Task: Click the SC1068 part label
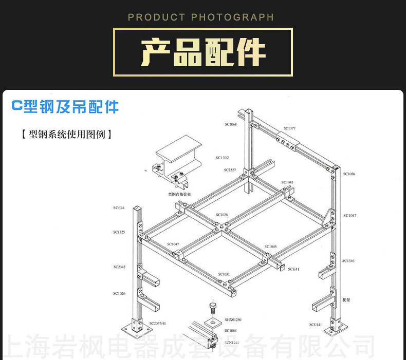tap(230, 124)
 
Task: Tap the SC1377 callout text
tap(289, 128)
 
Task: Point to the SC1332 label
tap(222, 158)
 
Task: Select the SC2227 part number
tap(230, 169)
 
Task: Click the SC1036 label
tap(349, 174)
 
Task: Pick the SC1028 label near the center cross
tap(222, 215)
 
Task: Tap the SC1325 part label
tap(119, 232)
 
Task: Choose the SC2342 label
tap(119, 267)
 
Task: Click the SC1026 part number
tap(119, 293)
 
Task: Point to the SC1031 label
tap(224, 274)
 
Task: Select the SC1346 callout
tap(349, 261)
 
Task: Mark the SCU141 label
tap(315, 325)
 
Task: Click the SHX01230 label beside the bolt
tap(232, 319)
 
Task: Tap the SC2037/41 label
tap(157, 324)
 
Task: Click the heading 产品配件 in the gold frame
tap(203, 52)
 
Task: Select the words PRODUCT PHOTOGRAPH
tap(201, 17)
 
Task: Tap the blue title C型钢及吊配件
tap(65, 106)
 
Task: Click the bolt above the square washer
tap(212, 308)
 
